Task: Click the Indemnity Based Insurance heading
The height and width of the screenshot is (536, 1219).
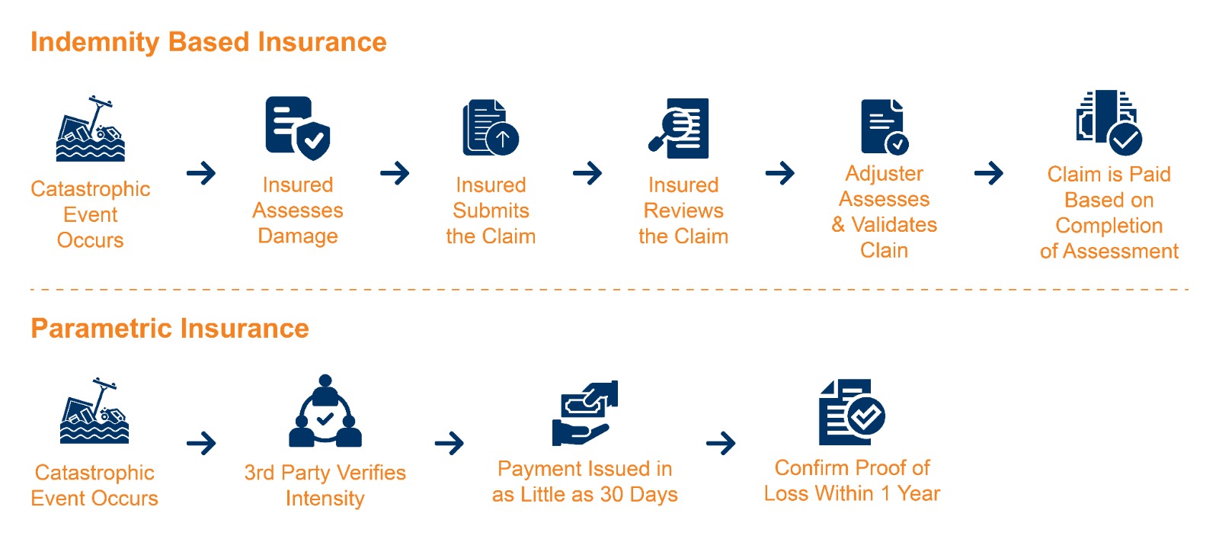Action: [208, 42]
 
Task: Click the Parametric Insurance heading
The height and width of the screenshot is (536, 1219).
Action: [169, 329]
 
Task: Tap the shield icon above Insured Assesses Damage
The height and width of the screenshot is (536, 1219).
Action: [298, 128]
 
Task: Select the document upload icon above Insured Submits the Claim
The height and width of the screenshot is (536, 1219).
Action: [491, 128]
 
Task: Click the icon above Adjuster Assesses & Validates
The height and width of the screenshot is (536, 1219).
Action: [884, 127]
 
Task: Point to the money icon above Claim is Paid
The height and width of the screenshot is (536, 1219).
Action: [1108, 122]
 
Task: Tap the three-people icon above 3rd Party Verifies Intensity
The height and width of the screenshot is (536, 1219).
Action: [325, 412]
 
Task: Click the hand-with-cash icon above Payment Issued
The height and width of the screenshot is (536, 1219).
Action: [584, 412]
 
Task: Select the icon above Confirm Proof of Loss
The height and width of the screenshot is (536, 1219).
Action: [851, 412]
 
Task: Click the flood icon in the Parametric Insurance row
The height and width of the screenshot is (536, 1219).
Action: [94, 411]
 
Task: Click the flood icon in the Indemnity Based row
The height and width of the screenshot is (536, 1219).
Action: [91, 129]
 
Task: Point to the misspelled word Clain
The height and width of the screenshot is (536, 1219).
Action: [884, 250]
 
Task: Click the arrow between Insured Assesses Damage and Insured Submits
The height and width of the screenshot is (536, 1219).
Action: [395, 173]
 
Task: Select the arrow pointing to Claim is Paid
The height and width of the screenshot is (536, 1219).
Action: [988, 173]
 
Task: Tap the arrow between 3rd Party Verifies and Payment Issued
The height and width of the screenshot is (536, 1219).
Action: [450, 443]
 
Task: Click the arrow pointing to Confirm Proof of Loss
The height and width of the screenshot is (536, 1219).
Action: [721, 443]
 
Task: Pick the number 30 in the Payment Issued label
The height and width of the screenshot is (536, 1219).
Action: [612, 495]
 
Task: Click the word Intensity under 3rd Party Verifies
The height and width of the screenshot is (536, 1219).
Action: [325, 499]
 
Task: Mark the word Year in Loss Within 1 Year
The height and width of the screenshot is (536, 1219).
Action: [919, 494]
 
